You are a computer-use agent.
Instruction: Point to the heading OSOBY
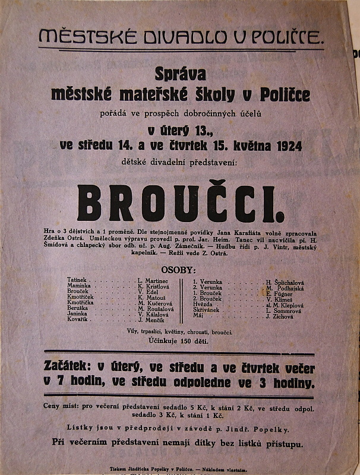[179, 269]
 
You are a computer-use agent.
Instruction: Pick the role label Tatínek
[78, 279]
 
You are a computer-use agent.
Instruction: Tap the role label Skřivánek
[206, 310]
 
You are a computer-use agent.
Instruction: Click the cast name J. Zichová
[279, 317]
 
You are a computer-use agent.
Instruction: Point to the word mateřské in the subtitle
[155, 94]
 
